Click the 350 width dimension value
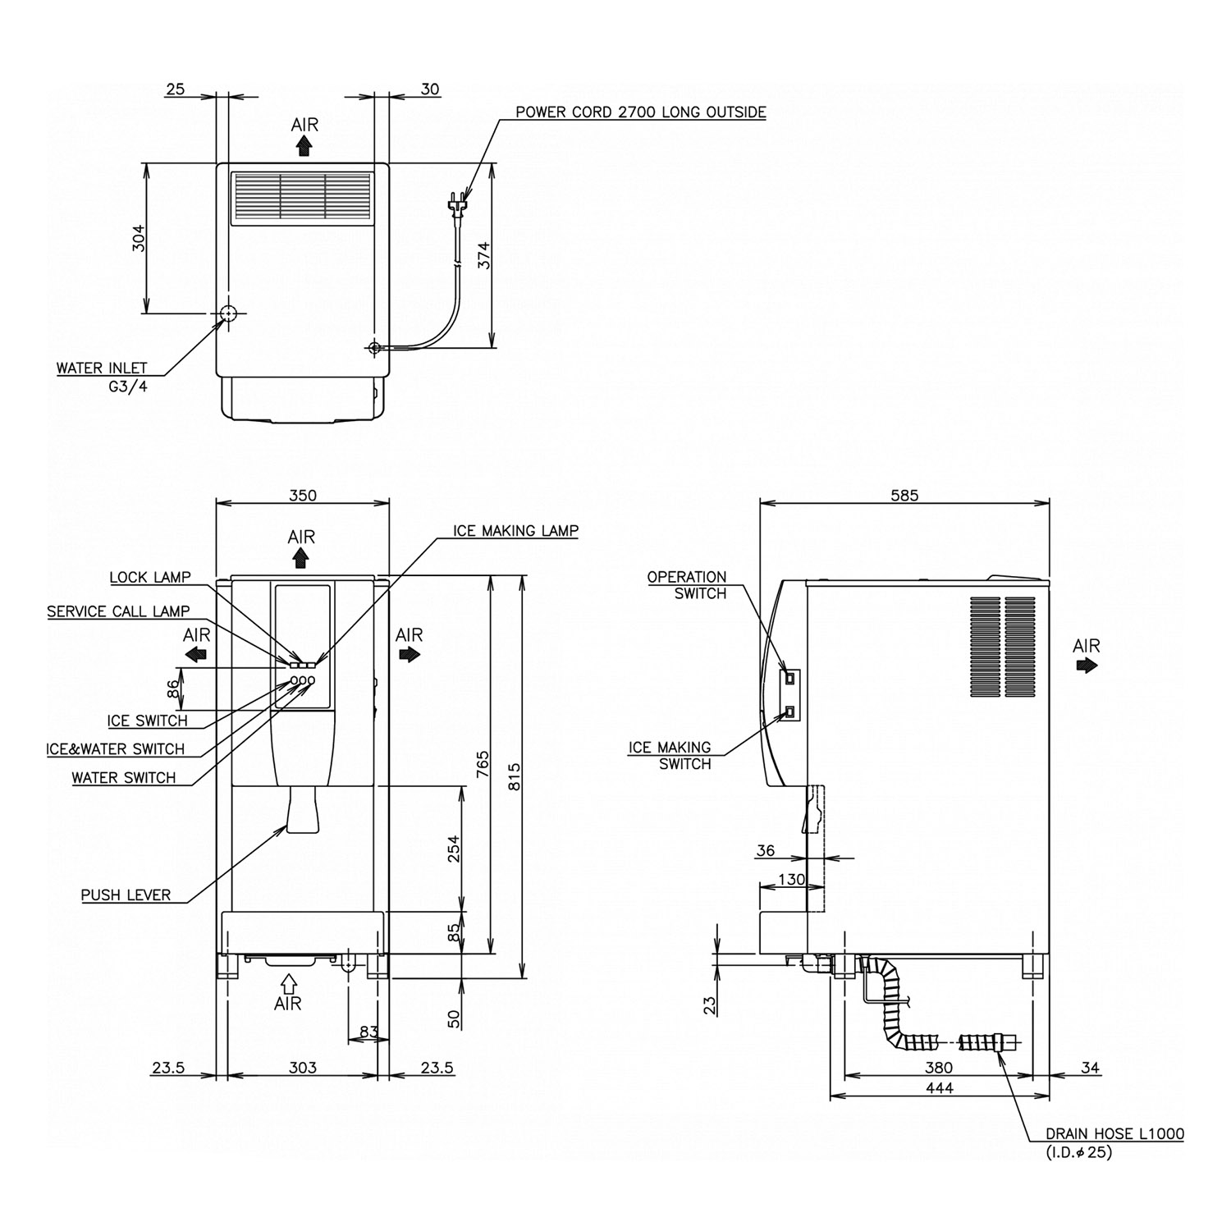pos(303,496)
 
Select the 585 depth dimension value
pos(904,496)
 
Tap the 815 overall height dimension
pos(515,776)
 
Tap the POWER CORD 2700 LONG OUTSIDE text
pos(640,112)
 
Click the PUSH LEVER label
pos(126,895)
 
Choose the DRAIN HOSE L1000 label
pos(1114,1134)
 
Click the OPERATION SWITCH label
pos(687,585)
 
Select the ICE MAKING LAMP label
pos(515,531)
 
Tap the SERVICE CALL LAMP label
pos(118,611)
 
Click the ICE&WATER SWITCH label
pos(115,749)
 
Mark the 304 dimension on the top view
pos(139,238)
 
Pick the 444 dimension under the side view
pos(939,1088)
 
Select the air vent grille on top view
pos(302,197)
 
